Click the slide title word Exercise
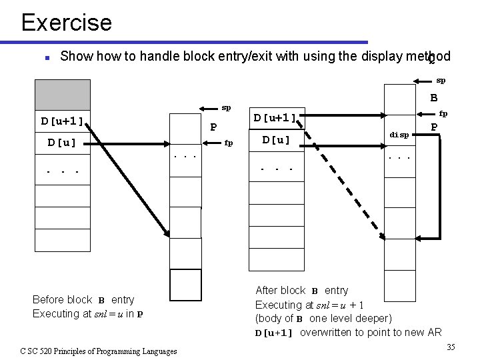(x=66, y=23)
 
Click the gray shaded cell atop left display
(x=62, y=94)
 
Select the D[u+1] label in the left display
(x=62, y=121)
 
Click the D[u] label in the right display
(x=277, y=140)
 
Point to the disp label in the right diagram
(x=399, y=135)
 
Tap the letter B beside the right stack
(x=433, y=98)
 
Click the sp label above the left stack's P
(x=226, y=107)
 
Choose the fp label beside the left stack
(x=229, y=142)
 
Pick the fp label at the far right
(x=443, y=113)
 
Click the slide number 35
(x=451, y=347)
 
